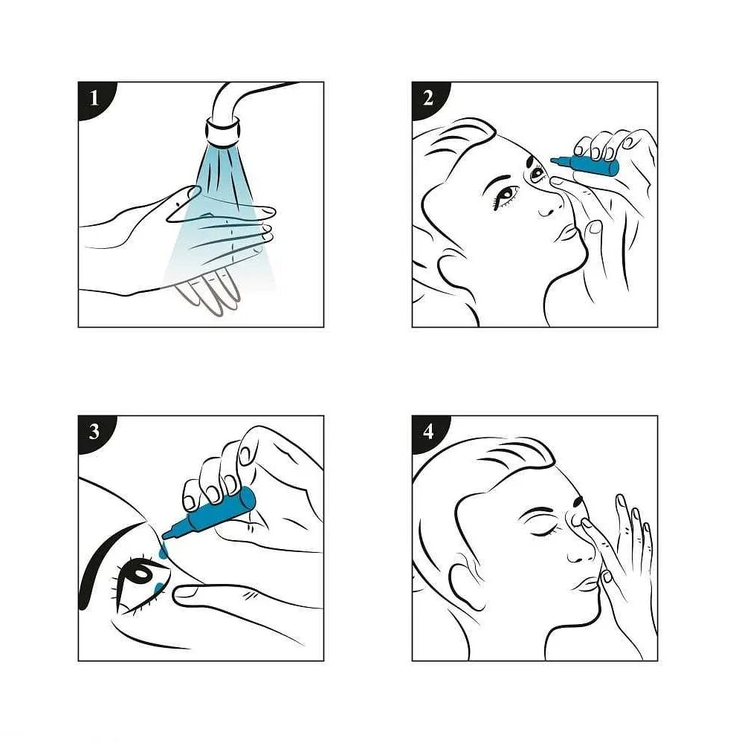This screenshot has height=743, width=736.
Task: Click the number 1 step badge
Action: coord(95,99)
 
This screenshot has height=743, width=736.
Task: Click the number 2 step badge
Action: coord(429,99)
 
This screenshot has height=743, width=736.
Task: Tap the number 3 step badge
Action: coord(95,432)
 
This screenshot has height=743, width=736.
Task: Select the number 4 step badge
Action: coord(429,432)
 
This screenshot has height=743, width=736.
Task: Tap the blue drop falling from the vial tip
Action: coord(163,551)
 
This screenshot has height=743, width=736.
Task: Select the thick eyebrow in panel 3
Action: coord(107,559)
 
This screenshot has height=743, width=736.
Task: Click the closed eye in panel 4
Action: coord(544,532)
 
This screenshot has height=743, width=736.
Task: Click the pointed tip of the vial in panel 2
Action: coord(553,160)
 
